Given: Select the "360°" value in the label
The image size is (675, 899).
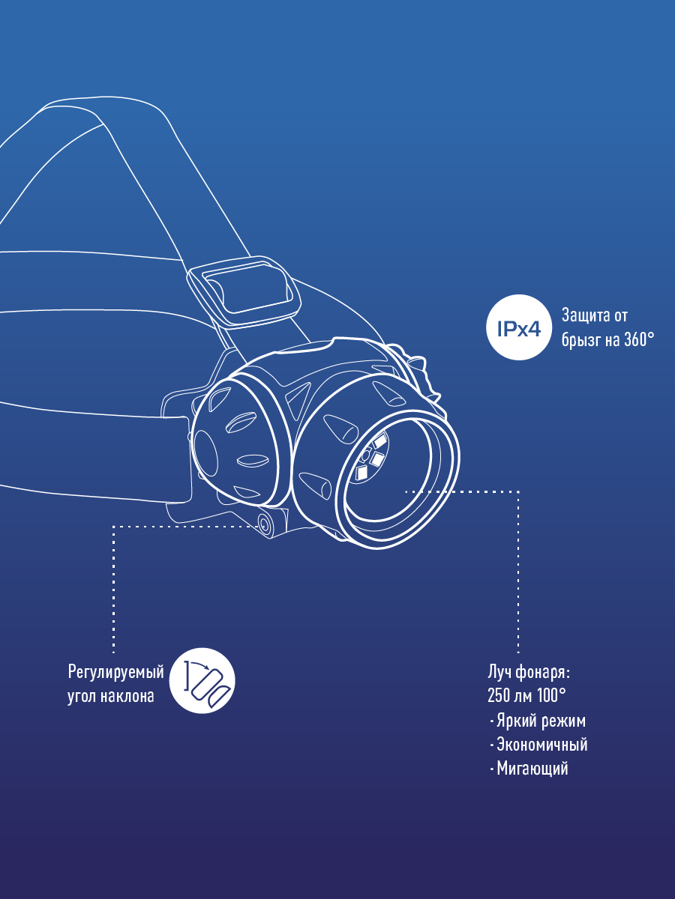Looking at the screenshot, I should (637, 339).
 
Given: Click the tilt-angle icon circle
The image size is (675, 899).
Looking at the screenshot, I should (202, 680).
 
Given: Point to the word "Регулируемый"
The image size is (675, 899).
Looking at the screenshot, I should (115, 671).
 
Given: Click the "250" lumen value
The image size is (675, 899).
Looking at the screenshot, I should (499, 695).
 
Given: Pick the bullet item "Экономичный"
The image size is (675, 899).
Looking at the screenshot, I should (542, 745).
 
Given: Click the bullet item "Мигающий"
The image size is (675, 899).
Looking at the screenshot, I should (532, 769).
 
